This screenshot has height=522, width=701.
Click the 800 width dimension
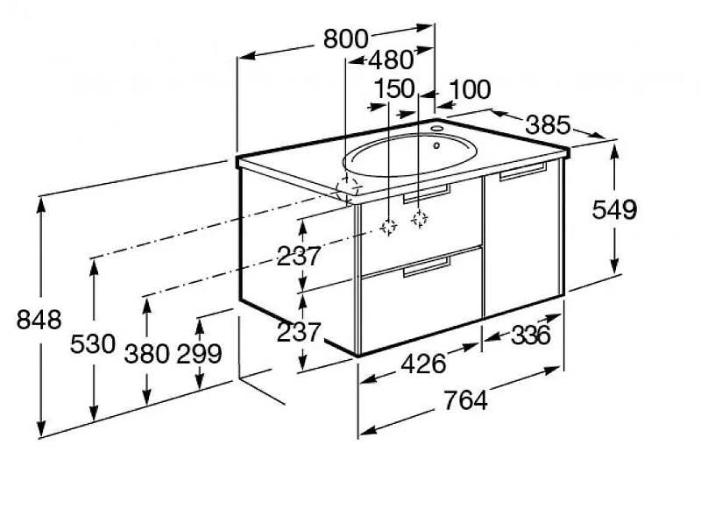click(345, 39)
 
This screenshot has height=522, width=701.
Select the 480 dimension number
click(392, 60)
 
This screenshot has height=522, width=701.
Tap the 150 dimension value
click(394, 88)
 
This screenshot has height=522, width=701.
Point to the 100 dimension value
click(470, 89)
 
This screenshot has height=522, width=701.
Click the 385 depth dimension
click(549, 124)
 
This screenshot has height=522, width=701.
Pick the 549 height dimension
click(614, 209)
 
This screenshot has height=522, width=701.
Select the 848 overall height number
click(39, 320)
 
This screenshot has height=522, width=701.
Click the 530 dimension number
click(93, 344)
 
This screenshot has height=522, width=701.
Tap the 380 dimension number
click(146, 354)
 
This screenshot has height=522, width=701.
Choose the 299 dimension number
click(200, 354)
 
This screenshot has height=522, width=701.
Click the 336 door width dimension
click(531, 335)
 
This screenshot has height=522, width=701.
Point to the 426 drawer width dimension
click(423, 363)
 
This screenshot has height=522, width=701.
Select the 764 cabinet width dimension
click(465, 400)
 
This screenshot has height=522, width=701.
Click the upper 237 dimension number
click(299, 257)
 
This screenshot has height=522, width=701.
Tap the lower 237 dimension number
click(299, 333)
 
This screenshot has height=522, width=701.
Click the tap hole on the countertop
click(436, 129)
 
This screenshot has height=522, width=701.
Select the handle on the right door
click(522, 172)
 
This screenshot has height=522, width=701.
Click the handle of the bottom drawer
click(427, 267)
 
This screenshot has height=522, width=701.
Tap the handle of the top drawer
click(427, 194)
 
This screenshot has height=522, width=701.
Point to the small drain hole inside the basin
click(436, 145)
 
